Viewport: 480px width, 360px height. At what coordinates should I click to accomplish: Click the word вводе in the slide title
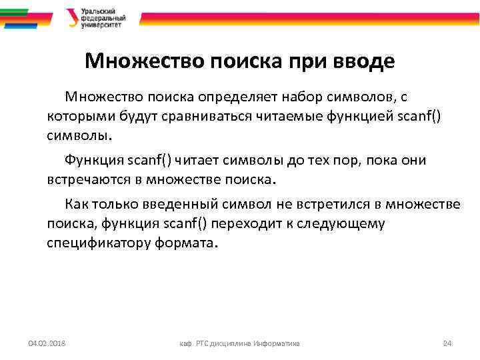click(365, 62)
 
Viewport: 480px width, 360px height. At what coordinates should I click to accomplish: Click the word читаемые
click(293, 117)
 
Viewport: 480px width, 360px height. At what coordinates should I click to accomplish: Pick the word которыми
click(74, 117)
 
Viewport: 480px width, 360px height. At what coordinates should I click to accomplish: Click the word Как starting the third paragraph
click(76, 204)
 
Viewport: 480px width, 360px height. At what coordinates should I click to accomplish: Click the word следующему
click(345, 223)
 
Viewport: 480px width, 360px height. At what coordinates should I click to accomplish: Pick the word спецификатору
click(98, 243)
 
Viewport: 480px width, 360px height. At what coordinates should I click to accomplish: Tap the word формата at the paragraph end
click(185, 243)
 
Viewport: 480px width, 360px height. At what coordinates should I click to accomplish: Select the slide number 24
click(447, 343)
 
